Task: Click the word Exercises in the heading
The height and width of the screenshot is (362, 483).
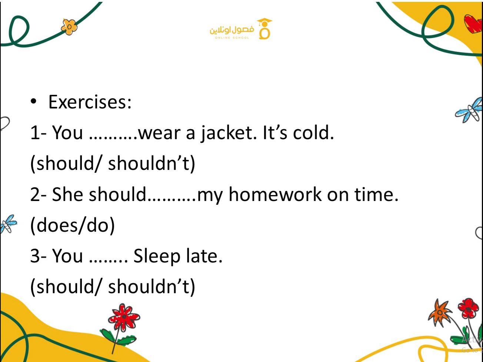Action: coord(87,102)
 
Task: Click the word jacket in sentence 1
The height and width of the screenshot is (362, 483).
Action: coord(229,133)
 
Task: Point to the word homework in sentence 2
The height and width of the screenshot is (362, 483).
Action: coord(275,194)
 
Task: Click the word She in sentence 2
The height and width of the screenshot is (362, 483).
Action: coord(67,194)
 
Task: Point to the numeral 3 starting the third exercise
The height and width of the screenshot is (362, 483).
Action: coord(35,256)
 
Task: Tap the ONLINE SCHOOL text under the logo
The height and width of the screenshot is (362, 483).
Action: coord(232,38)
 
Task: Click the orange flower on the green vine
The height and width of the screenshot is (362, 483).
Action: coord(69,27)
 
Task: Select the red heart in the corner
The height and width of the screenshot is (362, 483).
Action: coord(473,24)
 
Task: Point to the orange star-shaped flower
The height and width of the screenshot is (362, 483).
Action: coord(439,312)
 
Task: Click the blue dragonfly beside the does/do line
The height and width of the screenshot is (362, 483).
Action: coord(9,224)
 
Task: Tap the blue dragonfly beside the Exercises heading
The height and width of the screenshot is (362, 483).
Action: coord(470,110)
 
